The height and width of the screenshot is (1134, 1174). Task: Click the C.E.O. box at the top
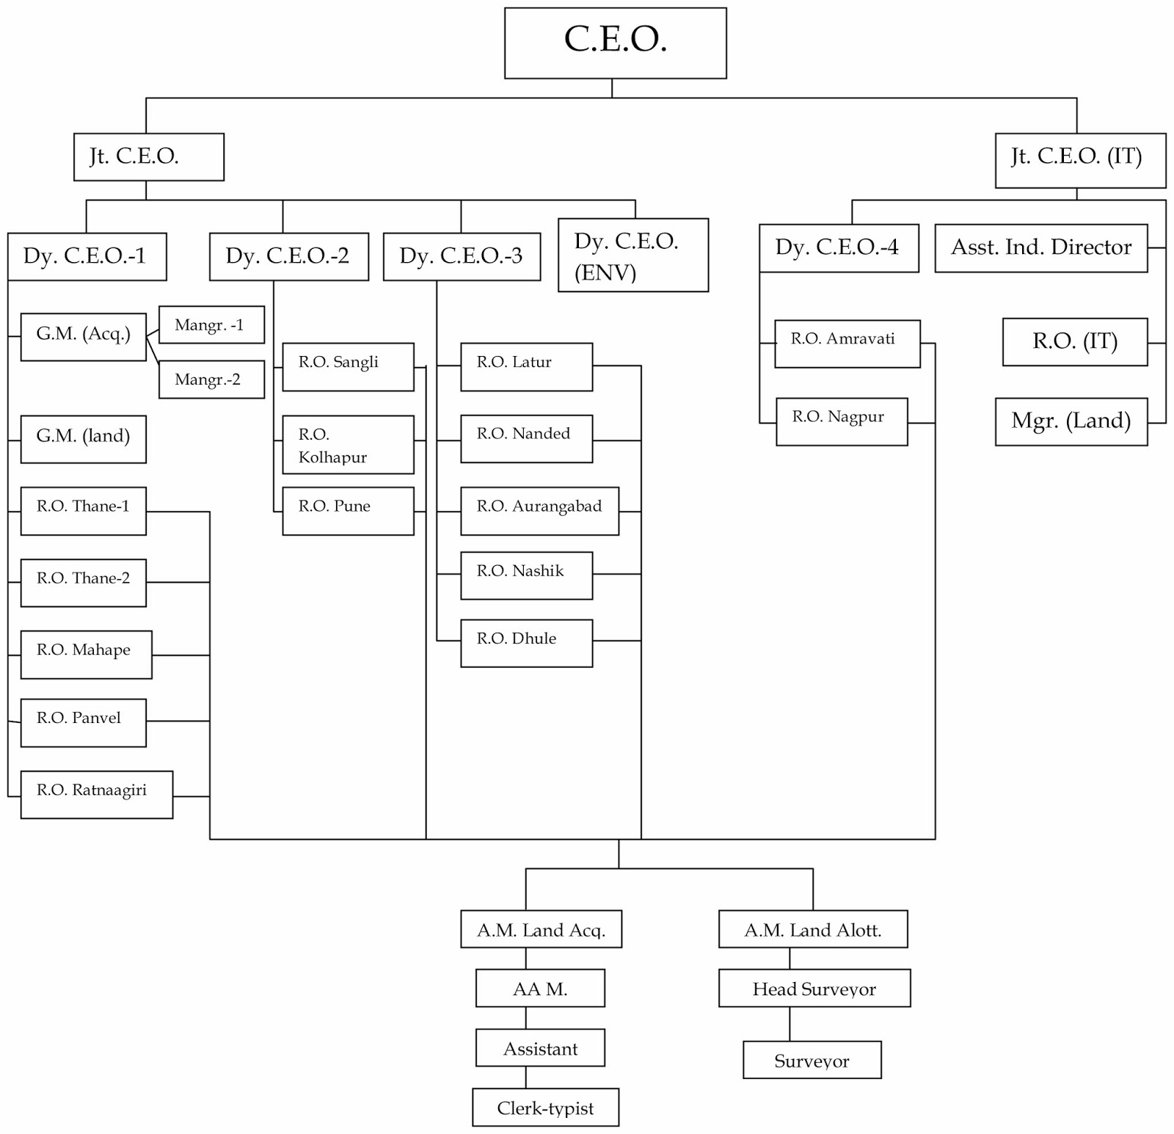click(x=615, y=43)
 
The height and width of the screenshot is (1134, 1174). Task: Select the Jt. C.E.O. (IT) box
click(x=1079, y=160)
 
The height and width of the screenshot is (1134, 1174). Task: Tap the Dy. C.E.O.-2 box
click(x=288, y=256)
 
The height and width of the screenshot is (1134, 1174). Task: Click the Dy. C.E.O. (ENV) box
click(x=632, y=255)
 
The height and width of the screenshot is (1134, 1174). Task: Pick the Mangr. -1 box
click(x=211, y=324)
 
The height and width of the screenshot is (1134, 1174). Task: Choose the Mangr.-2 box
click(x=211, y=379)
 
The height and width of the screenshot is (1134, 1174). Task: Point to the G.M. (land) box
click(x=83, y=439)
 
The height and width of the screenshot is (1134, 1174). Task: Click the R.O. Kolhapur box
click(x=348, y=445)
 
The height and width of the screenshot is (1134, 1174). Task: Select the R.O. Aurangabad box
click(x=539, y=511)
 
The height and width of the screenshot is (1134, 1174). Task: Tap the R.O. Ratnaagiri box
click(x=96, y=794)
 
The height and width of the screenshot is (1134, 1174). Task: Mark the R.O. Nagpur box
click(x=841, y=421)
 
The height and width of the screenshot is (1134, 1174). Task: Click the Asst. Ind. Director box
click(x=1040, y=248)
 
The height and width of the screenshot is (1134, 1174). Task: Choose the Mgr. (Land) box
click(x=1071, y=421)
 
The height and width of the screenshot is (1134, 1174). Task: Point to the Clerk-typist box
click(x=545, y=1107)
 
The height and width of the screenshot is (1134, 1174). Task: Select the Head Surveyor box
click(x=814, y=988)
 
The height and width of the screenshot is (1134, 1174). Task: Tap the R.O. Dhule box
click(x=526, y=643)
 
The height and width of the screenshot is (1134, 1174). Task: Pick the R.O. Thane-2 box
click(x=83, y=583)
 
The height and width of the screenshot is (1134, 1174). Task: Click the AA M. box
click(x=540, y=988)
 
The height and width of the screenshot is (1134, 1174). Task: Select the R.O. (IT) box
click(x=1074, y=341)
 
